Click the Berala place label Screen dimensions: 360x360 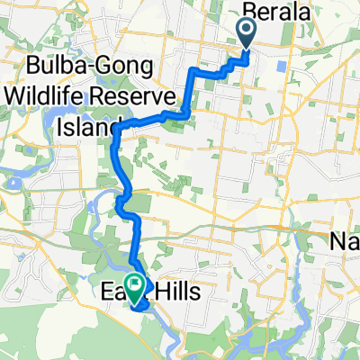(x=275, y=12)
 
